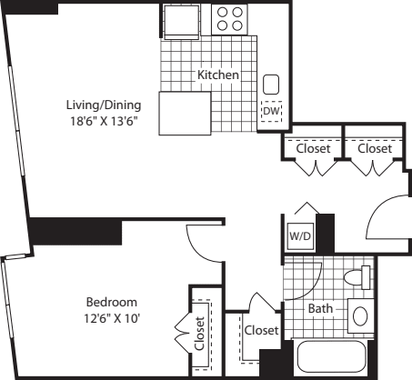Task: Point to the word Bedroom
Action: point(111,302)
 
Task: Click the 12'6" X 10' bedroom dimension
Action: point(111,317)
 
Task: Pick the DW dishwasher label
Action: point(271,112)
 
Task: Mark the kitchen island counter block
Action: point(185,114)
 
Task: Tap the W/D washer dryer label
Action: point(298,236)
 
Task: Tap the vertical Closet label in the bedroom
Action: point(199,333)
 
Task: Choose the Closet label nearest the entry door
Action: point(375,147)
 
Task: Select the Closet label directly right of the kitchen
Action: point(312,147)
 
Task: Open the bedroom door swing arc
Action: point(202,244)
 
